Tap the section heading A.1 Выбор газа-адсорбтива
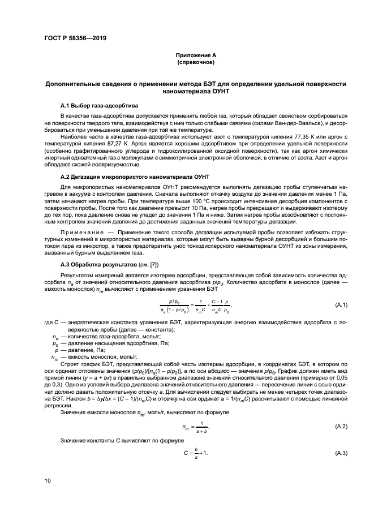(98, 106)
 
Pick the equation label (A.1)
(341, 306)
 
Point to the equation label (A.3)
(341, 454)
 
